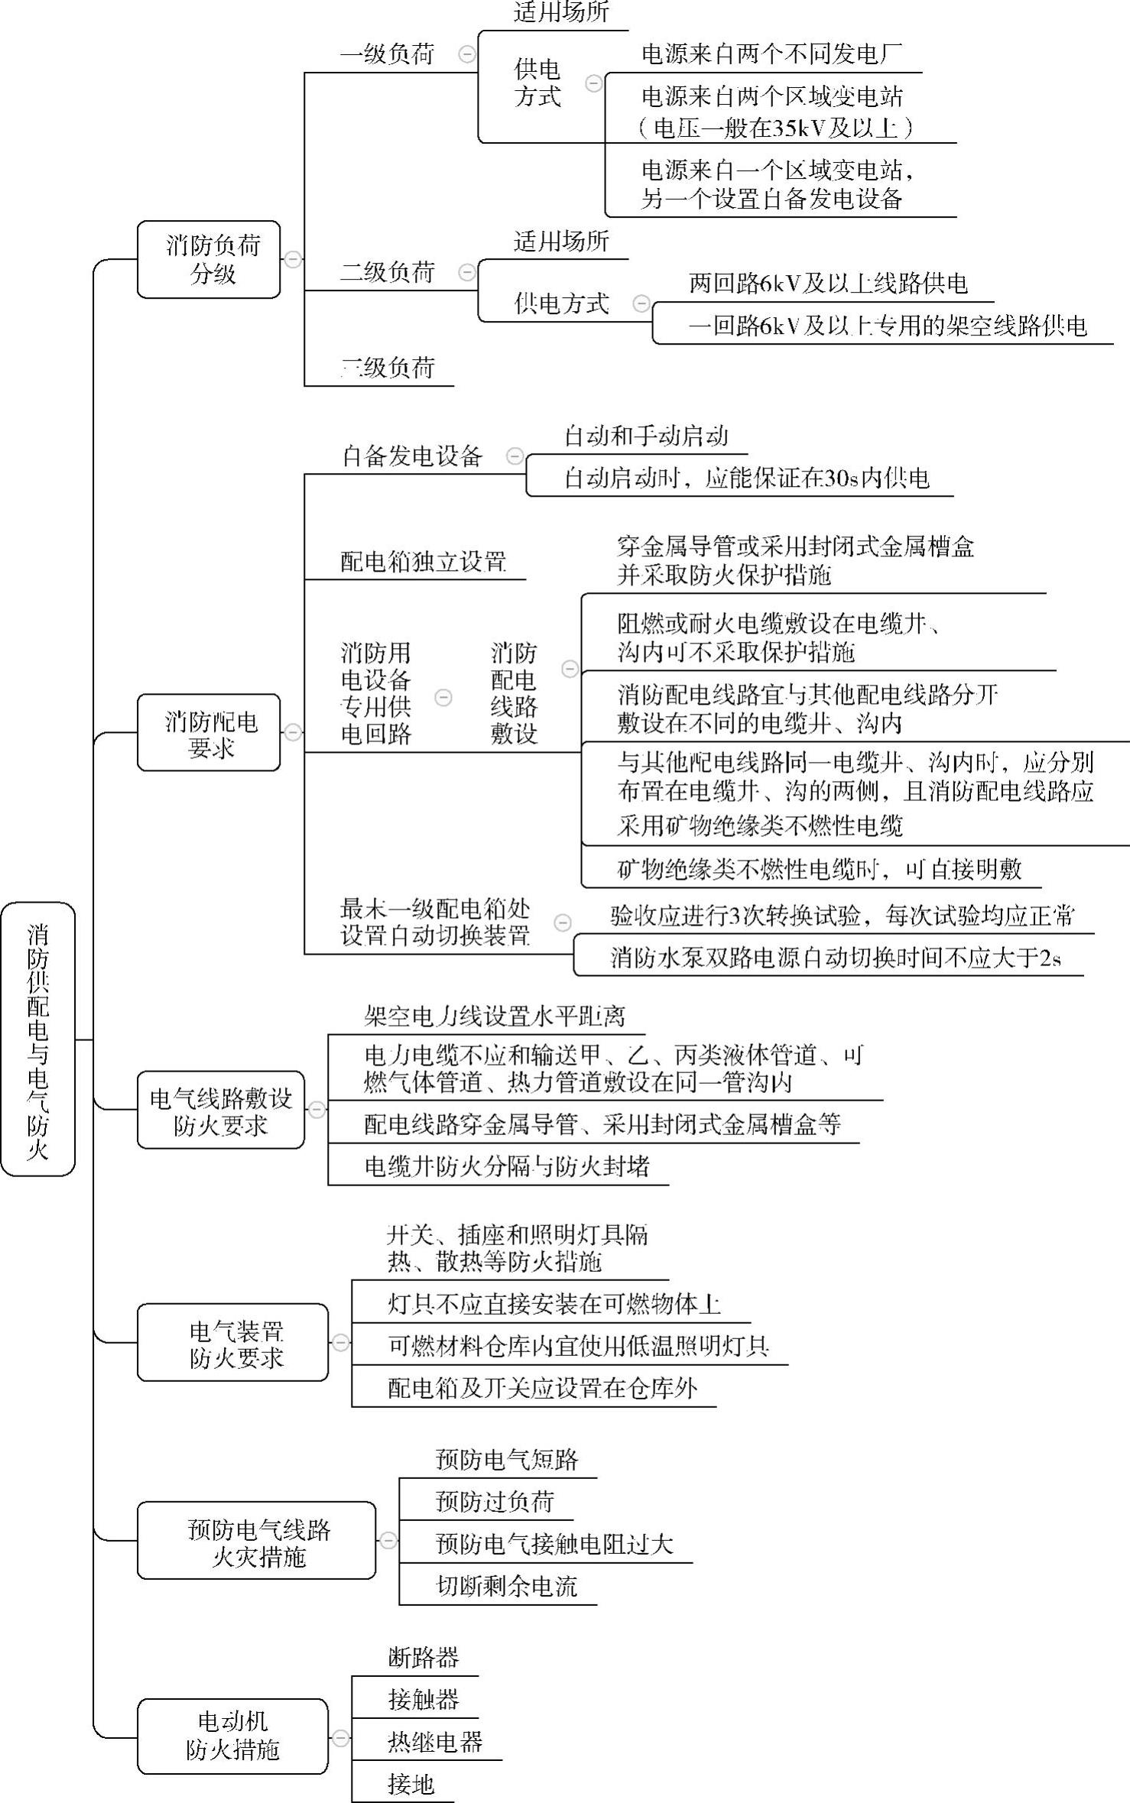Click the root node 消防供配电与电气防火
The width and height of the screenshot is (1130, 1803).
[x=37, y=1039]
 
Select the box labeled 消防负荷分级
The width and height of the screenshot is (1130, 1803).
[x=209, y=259]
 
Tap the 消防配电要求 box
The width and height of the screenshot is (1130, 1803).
[x=209, y=732]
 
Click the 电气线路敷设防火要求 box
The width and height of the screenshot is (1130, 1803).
[x=220, y=1110]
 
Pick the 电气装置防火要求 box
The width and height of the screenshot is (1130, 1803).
[x=232, y=1342]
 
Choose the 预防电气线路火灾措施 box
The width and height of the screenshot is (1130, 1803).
[x=256, y=1540]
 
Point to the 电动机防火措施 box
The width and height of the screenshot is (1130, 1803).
[x=232, y=1737]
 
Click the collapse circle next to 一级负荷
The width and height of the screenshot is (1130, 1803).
[x=466, y=54]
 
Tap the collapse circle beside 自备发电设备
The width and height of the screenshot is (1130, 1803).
[x=515, y=456]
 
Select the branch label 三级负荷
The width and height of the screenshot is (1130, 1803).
[x=388, y=368]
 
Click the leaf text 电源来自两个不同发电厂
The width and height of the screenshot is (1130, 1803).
[x=771, y=54]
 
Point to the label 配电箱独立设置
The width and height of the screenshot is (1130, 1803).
[x=423, y=562]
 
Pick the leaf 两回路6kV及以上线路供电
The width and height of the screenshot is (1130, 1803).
[x=828, y=284]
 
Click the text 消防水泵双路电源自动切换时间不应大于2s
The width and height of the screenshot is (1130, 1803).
[x=835, y=957]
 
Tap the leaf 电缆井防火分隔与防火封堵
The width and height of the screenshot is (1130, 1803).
[x=507, y=1166]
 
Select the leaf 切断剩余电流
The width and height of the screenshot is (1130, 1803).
[x=506, y=1586]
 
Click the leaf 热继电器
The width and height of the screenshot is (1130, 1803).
[x=435, y=1742]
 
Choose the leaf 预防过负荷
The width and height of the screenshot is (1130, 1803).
[x=494, y=1502]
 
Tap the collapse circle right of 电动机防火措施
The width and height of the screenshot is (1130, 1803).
[x=340, y=1737]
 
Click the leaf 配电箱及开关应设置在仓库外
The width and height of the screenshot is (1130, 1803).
[x=542, y=1387]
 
